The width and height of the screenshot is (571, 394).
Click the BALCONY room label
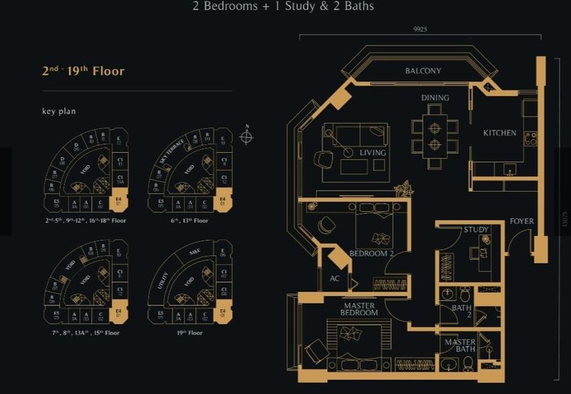pos(423,71)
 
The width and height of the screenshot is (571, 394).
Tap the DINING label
pos(435,98)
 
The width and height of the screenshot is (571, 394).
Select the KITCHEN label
pos(500,133)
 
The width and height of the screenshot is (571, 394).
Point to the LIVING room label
pos(373,153)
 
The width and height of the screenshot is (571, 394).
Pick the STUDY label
pos(475,230)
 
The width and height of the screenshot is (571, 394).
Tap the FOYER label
pos(522,221)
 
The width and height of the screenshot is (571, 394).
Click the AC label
pos(335,278)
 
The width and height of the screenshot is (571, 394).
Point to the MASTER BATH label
pos(460,346)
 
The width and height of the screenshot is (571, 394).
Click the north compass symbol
pos(246,136)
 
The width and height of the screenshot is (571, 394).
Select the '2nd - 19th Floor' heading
pos(83,71)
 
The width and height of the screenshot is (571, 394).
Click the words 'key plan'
pos(59,111)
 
